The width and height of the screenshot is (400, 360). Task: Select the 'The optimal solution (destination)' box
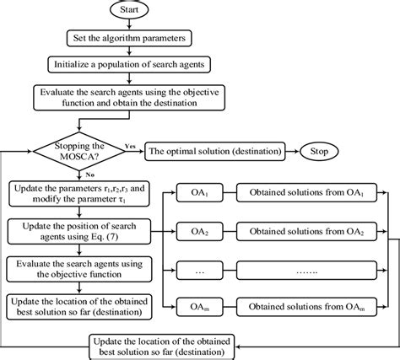(x=216, y=153)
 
